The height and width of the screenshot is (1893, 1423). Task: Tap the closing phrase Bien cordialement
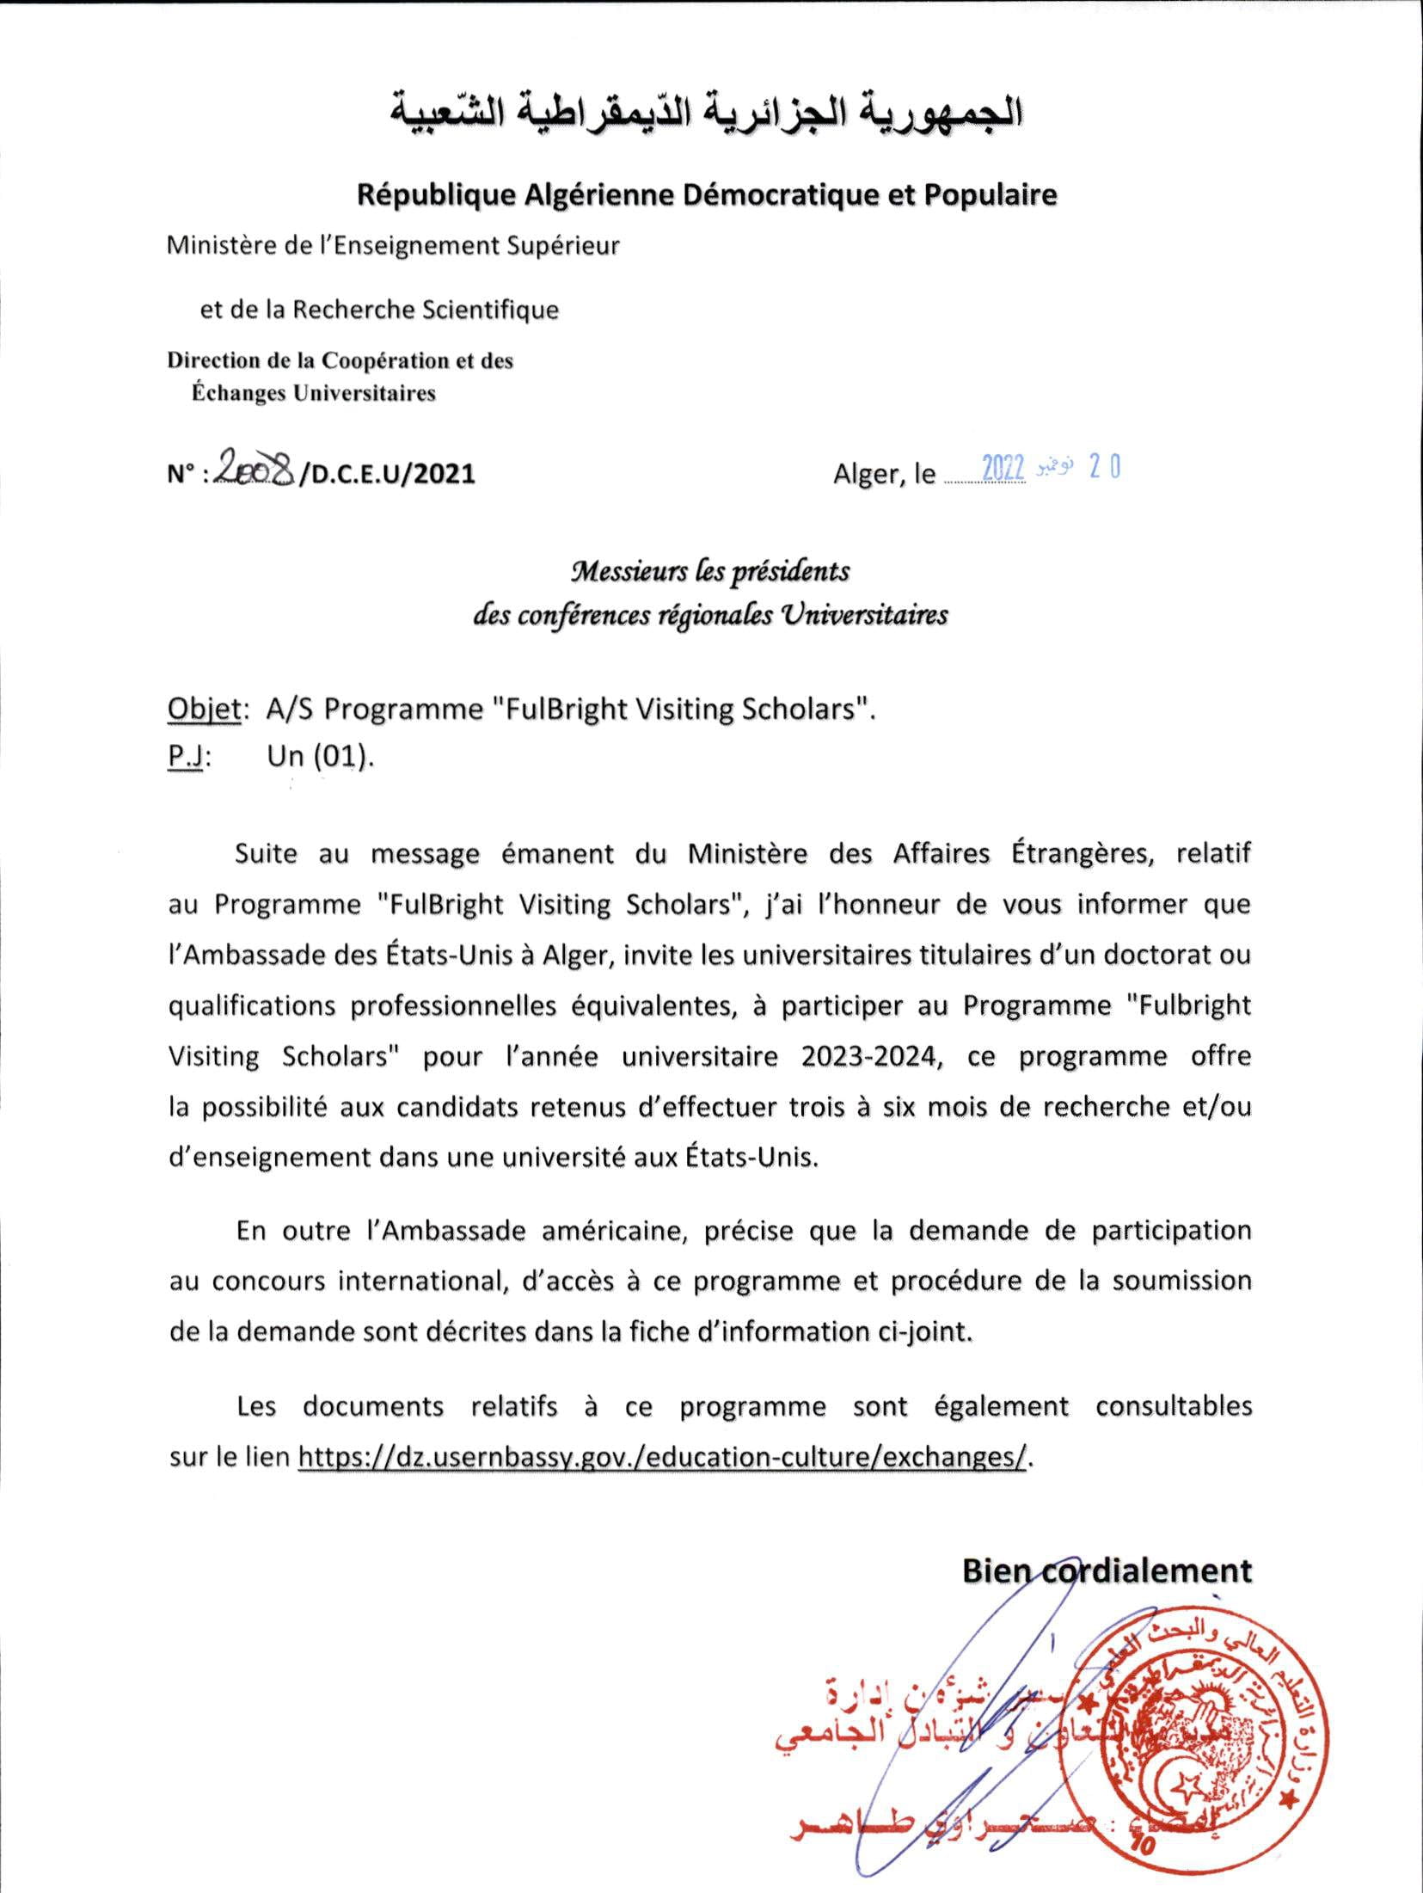point(1107,1570)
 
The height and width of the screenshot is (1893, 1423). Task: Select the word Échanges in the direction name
point(236,394)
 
